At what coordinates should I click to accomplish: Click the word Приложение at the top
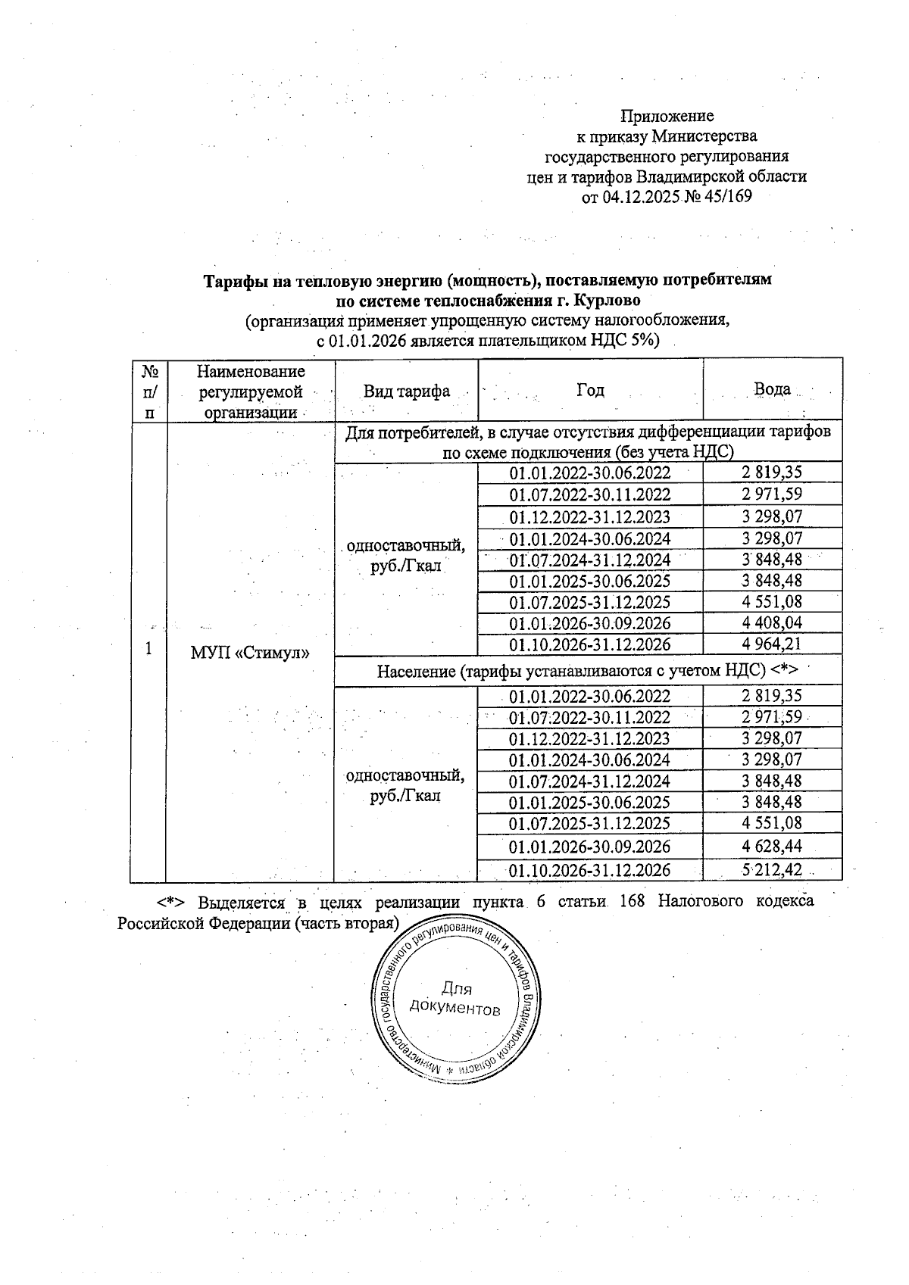(667, 116)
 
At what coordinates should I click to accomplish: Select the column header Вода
(772, 389)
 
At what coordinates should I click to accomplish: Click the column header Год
(590, 390)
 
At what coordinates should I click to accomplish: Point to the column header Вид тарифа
(406, 391)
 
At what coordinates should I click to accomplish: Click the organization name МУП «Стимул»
(250, 653)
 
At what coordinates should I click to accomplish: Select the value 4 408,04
(771, 623)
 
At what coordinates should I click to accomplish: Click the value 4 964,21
(771, 644)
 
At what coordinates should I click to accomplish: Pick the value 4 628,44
(771, 846)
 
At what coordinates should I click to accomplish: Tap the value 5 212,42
(771, 869)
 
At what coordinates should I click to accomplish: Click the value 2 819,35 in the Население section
(771, 696)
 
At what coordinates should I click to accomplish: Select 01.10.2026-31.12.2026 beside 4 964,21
(589, 644)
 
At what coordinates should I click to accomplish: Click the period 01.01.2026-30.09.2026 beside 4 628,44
(589, 846)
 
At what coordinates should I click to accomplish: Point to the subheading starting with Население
(588, 670)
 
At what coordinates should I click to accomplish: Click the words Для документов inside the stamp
(455, 999)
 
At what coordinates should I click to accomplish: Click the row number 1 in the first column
(148, 650)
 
